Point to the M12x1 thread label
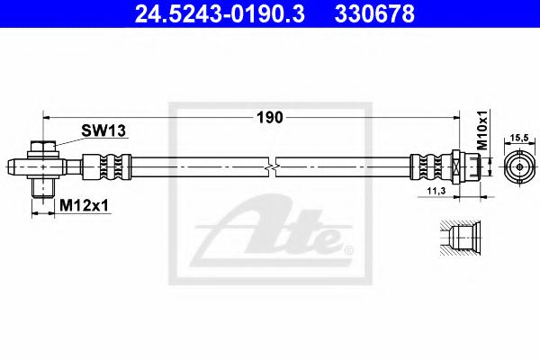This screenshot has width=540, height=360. click(83, 206)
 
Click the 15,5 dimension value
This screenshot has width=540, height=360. click(519, 138)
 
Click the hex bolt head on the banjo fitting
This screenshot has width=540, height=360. click(42, 147)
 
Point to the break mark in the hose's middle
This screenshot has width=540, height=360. click(272, 166)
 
